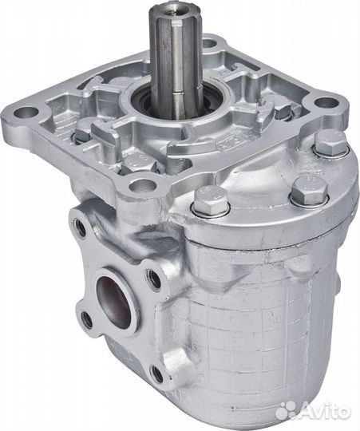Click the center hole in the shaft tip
coord(169,6)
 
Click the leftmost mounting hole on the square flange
coord(26,112)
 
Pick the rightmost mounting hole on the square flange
coord(326,103)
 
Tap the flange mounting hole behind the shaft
coord(211,43)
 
